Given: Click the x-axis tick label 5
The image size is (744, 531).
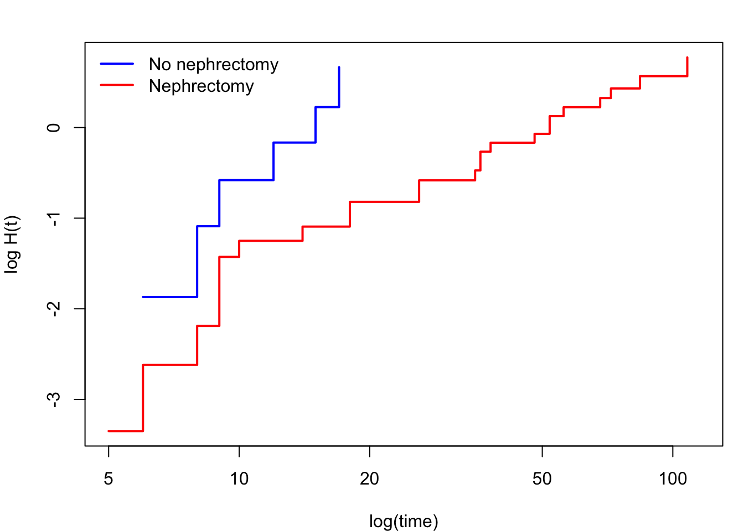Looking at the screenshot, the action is (108, 479).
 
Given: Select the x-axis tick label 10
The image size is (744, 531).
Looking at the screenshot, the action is (239, 479).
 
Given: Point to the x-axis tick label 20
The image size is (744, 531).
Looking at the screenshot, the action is (369, 479).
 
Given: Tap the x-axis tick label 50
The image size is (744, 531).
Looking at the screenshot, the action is (542, 479).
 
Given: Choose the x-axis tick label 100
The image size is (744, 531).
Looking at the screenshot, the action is (673, 479).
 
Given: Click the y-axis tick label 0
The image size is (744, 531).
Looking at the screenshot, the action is (54, 128).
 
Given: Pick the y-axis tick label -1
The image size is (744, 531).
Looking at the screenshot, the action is (54, 219).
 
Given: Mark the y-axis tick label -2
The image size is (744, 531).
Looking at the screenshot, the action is (54, 309).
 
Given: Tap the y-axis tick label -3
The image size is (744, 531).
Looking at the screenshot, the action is (54, 400).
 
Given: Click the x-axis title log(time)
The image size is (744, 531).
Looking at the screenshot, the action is (404, 522).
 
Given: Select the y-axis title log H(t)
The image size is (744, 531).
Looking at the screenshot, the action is (12, 244).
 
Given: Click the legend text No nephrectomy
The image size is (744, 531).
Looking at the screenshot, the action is (214, 65).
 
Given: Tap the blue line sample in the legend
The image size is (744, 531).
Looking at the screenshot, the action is (117, 64).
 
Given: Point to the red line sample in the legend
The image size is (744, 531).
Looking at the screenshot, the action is (117, 85).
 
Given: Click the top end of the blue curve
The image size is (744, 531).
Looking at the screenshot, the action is (339, 67).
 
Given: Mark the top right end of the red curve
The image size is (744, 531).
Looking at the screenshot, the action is (687, 58).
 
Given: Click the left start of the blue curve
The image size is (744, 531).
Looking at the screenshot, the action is (143, 297).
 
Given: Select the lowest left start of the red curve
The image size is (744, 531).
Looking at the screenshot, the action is (108, 431).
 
